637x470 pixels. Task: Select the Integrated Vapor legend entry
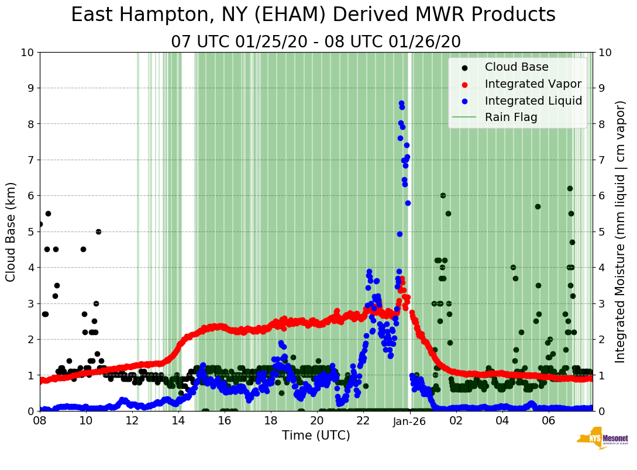[533, 84]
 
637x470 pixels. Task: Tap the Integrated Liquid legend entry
[533, 101]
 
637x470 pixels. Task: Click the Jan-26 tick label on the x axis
[409, 421]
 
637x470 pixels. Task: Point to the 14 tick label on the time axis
[178, 421]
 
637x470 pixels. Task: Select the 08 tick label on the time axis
[40, 421]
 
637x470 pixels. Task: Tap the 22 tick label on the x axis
[363, 421]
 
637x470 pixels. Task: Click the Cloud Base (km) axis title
[11, 231]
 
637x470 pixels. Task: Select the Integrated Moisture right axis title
[621, 231]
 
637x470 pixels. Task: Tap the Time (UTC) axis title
[316, 436]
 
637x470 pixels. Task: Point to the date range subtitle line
[316, 42]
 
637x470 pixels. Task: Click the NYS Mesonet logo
[602, 439]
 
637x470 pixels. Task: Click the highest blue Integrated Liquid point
[401, 103]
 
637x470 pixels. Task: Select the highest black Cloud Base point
[570, 188]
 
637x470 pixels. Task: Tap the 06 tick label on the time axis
[548, 421]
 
